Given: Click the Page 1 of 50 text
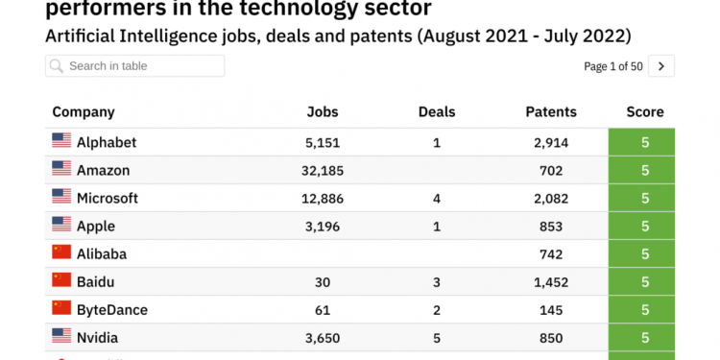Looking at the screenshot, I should click(612, 66).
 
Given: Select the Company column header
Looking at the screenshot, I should click(84, 112).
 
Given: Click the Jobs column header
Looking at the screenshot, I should click(323, 112).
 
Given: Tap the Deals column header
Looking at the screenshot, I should click(437, 112).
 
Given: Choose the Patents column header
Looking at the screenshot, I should click(551, 112).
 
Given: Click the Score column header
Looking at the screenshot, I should click(645, 112).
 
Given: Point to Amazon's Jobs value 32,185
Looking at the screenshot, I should click(323, 171).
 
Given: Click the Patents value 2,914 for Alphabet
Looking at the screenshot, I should click(551, 142).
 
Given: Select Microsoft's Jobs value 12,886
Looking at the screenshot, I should click(323, 199).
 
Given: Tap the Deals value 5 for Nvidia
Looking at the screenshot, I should click(437, 338).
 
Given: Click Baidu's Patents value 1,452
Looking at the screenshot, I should click(551, 282).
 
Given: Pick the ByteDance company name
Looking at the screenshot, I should click(111, 310).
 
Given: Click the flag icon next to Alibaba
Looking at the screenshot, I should click(61, 252).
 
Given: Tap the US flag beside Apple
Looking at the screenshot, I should click(61, 225).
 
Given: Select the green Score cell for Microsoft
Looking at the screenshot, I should click(645, 199).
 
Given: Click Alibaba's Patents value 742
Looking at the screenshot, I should click(551, 254).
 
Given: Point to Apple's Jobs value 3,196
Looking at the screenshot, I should click(323, 227).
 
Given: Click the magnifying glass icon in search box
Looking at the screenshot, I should click(57, 66).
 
